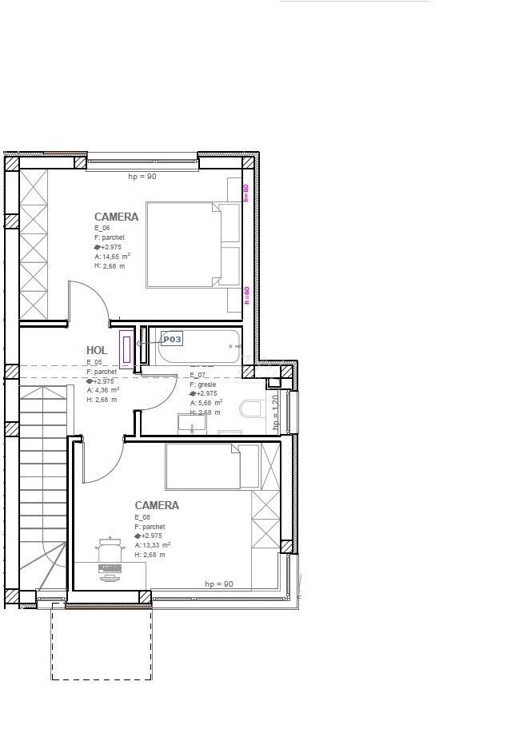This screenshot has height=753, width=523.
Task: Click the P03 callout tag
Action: pos(172,340)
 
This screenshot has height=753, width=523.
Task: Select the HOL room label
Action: pos(97,350)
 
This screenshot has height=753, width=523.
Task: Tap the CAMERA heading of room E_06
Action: pos(116,217)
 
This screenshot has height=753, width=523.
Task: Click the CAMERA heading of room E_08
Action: pos(157,505)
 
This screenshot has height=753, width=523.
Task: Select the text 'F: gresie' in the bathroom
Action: pos(203,384)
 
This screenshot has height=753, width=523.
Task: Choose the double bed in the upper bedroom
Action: pos(193,244)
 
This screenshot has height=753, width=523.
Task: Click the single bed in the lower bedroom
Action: pos(212,466)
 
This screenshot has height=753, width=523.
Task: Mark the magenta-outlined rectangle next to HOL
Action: pos(126,350)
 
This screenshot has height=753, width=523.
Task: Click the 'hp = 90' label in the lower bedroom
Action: pos(218,584)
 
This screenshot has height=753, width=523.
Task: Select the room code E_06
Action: pos(102,229)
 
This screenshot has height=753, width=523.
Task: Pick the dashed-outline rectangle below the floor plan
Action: pos(101,643)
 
